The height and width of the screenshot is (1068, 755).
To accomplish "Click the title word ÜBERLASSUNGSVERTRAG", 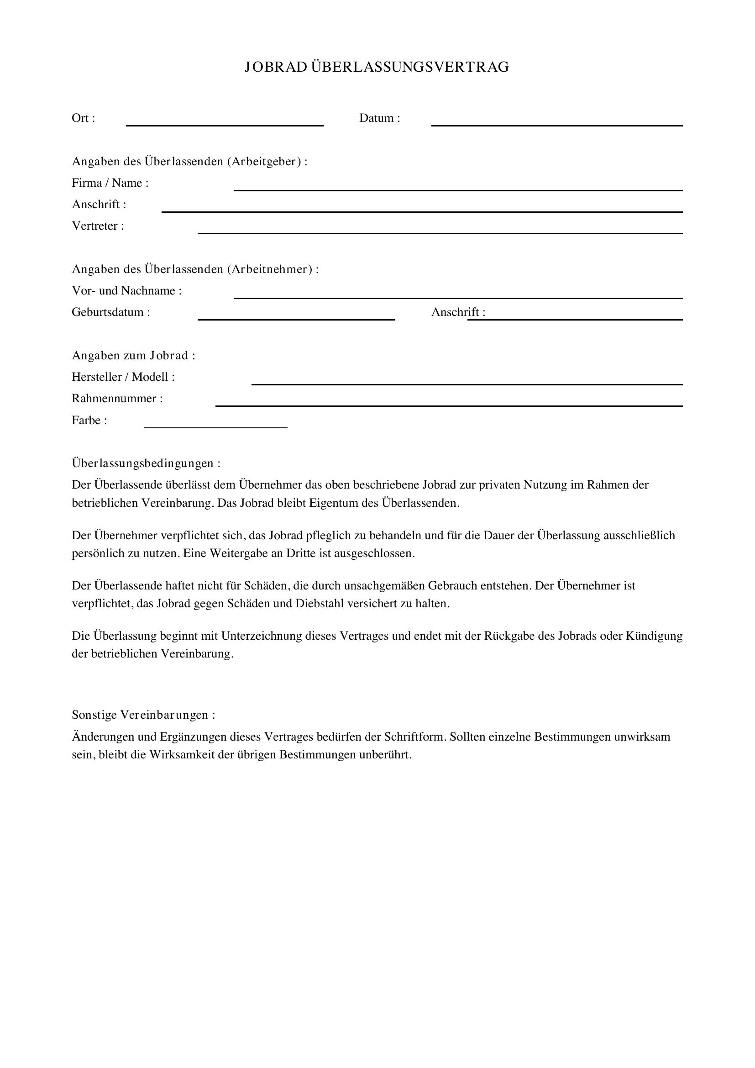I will [409, 68].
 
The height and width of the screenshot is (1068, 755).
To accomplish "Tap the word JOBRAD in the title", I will [276, 68].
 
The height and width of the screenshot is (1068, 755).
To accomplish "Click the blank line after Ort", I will [225, 124].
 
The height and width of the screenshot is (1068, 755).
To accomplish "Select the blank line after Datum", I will [556, 124].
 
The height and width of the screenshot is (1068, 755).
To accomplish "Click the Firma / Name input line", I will [457, 189].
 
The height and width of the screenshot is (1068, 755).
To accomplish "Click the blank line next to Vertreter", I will [440, 232].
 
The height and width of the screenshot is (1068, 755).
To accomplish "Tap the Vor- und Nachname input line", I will [457, 297].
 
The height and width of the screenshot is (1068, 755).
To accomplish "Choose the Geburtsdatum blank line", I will [296, 319].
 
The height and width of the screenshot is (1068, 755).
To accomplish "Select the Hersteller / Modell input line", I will [467, 383].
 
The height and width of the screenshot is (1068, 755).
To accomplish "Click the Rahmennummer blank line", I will [449, 405].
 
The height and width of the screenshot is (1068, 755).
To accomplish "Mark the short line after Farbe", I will [215, 426].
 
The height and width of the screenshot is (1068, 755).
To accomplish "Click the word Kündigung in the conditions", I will [654, 636].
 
